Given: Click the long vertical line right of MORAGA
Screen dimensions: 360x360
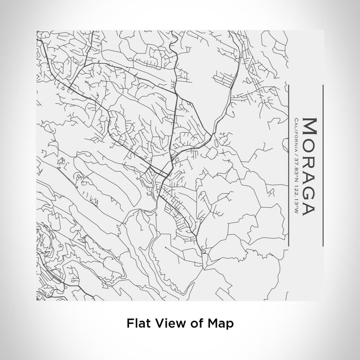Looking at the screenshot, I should [322, 165].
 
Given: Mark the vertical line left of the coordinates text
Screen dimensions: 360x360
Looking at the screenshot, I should [287, 165].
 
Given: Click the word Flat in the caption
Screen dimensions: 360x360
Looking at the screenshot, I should [136, 323].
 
